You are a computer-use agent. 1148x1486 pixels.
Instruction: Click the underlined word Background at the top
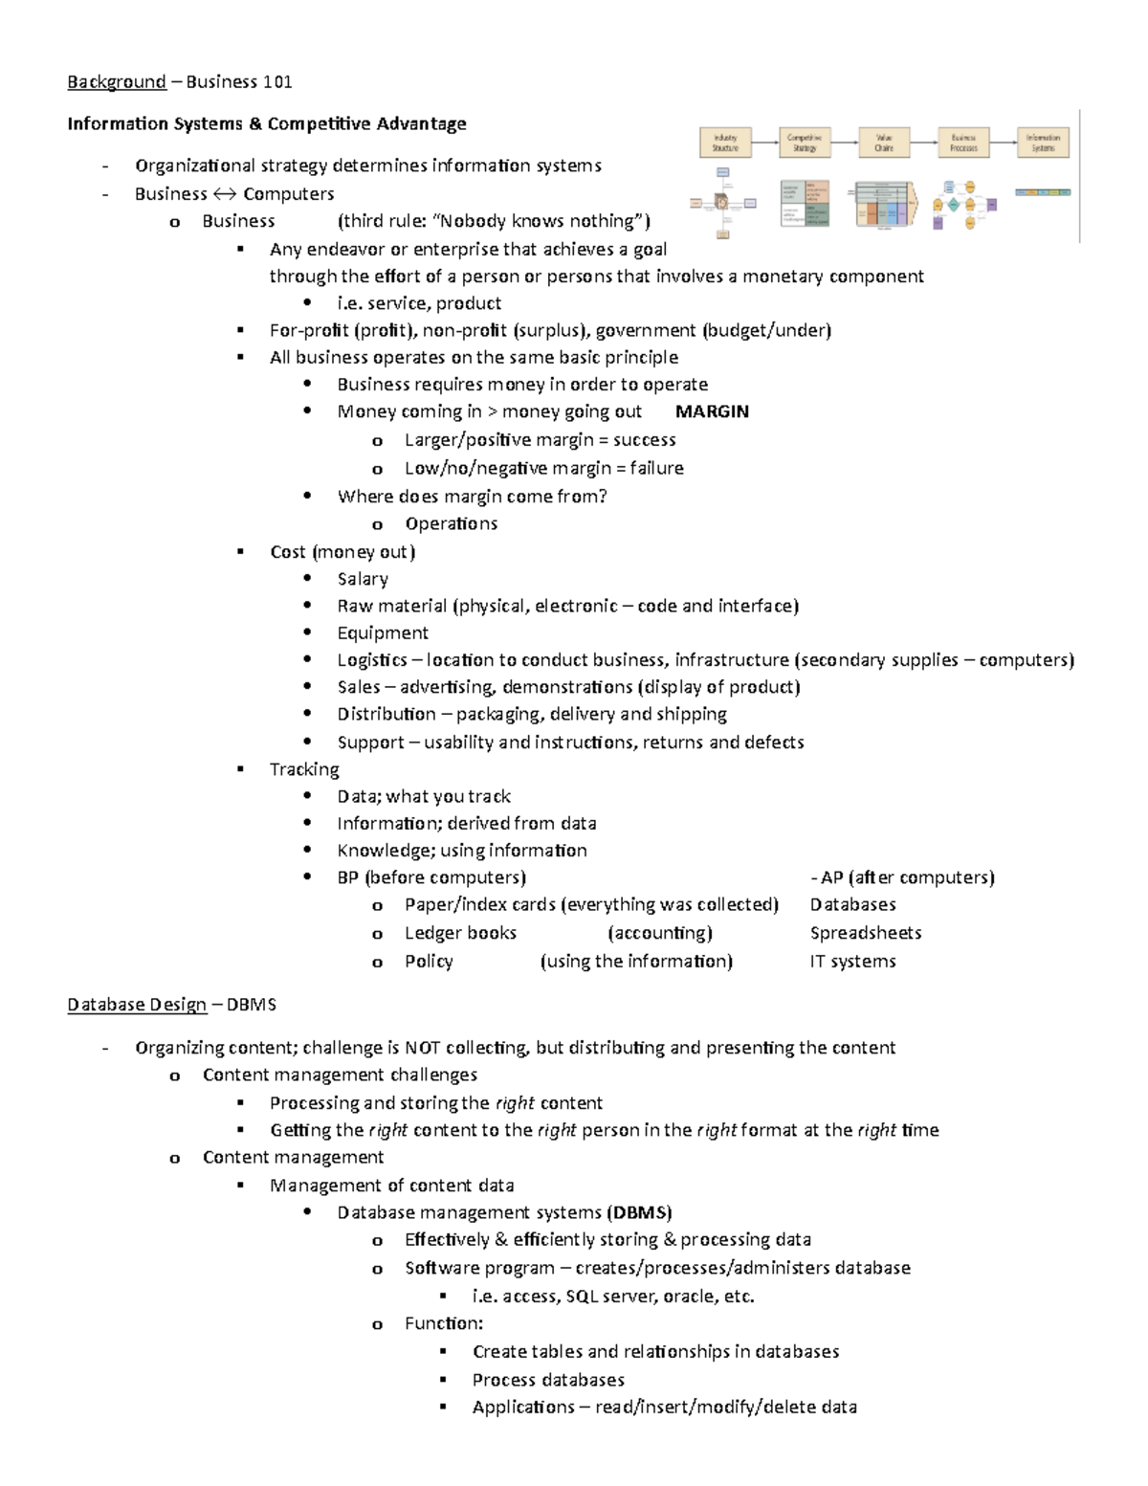117,82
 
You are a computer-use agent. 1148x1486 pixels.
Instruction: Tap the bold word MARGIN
712,411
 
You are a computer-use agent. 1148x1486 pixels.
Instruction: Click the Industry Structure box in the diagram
725,144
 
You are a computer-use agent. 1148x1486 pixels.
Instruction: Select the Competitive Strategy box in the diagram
805,144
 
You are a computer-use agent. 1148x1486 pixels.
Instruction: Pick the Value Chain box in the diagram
884,144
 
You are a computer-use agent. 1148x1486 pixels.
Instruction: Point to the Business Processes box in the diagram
963,144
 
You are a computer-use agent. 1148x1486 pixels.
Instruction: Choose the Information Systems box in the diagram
1043,144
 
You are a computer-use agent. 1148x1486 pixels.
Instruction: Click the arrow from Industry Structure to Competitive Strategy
765,144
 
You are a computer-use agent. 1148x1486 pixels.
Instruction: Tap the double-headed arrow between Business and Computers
225,194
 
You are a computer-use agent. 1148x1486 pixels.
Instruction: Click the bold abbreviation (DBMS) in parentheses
639,1212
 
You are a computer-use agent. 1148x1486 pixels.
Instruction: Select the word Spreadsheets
866,933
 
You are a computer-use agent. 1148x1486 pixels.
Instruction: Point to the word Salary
363,579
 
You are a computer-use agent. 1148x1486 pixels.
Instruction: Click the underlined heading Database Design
137,1005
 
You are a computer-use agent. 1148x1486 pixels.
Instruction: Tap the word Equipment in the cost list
383,632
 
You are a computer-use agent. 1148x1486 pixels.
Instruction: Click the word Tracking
304,769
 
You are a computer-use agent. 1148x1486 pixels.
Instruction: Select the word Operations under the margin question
451,523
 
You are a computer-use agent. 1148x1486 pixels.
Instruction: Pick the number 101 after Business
277,82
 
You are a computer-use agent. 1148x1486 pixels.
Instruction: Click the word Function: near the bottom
444,1323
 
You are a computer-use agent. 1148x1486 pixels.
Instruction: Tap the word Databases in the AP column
853,904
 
